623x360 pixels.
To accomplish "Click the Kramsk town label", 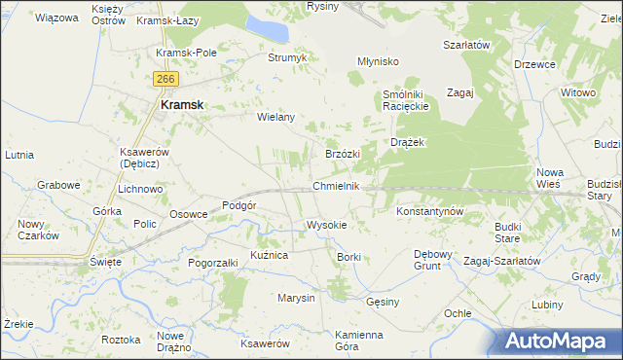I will coord(181,107).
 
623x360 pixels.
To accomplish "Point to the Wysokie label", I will coord(326,224).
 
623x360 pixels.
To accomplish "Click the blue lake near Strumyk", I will coord(269,28).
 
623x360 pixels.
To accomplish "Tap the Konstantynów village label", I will coord(429,210).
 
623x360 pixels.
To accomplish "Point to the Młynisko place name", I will coord(379,60).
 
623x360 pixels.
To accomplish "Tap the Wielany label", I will coord(275,117).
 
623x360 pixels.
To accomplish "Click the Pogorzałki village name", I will coord(213,263).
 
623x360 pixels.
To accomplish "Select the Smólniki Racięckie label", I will coord(406,99).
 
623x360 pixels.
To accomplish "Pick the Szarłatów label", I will coord(465,45).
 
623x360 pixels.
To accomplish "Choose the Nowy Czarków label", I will coord(38,230).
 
